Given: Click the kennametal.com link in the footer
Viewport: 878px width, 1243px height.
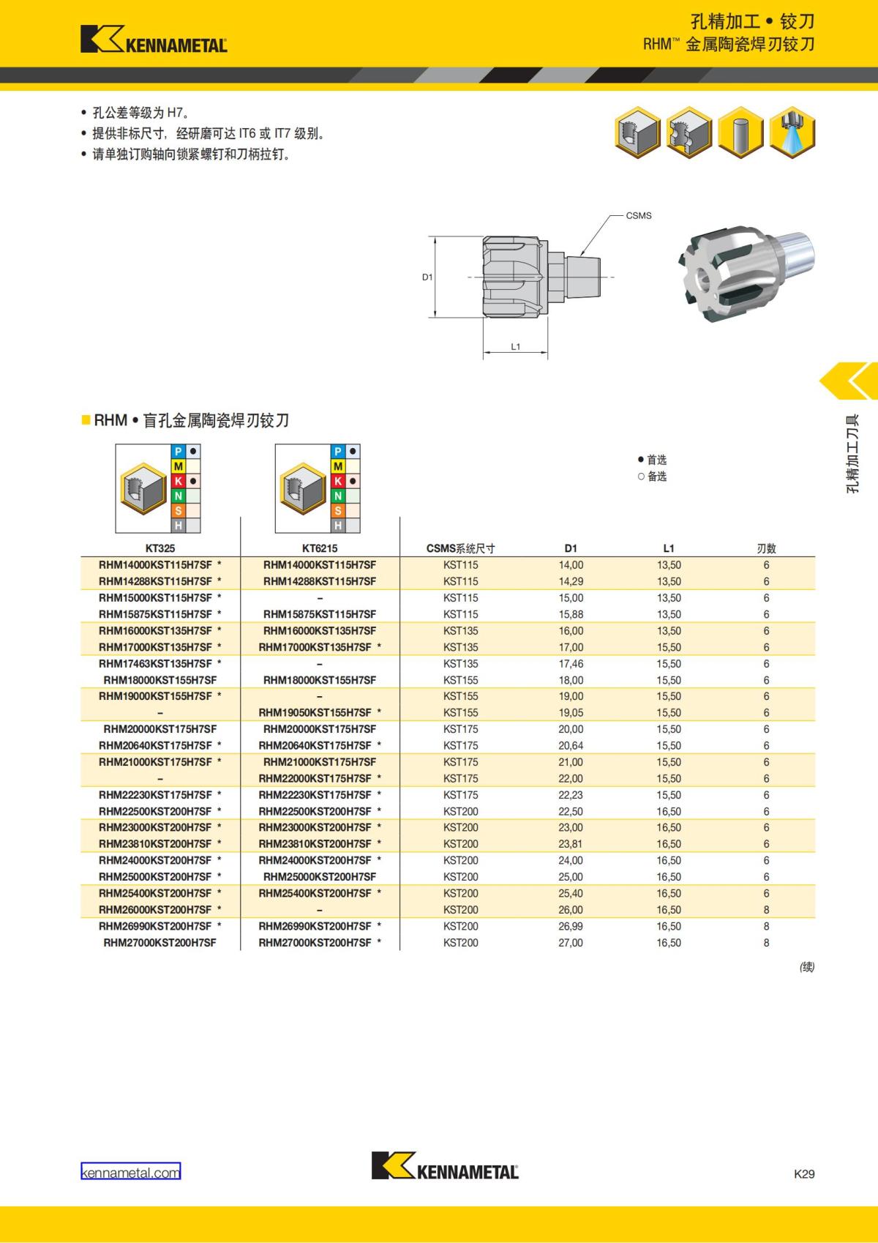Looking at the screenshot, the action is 131,1173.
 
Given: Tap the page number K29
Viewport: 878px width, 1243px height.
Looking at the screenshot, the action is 804,1173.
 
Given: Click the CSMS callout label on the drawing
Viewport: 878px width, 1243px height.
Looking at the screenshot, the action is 639,215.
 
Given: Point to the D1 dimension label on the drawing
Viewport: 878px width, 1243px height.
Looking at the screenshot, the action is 427,277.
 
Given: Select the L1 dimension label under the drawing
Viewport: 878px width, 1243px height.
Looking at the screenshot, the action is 516,347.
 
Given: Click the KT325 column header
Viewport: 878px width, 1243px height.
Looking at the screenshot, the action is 160,548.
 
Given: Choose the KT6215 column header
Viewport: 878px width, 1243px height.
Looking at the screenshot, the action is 320,548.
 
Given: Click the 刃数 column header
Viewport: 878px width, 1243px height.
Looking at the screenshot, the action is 767,548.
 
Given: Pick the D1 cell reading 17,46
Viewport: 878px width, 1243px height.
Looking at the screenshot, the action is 571,664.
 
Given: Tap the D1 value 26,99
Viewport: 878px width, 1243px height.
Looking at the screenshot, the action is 571,926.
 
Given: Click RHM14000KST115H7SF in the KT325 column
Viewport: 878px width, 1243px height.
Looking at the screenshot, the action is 155,565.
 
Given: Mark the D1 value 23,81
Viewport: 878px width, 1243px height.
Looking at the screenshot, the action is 571,844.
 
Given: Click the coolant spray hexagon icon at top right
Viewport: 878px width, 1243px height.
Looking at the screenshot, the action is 792,132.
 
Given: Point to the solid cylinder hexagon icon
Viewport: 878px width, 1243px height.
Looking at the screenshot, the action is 740,132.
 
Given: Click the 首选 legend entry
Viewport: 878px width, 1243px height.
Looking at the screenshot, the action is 652,460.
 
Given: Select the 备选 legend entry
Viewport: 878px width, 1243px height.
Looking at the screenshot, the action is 652,476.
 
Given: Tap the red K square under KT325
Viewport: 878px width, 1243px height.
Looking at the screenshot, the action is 178,481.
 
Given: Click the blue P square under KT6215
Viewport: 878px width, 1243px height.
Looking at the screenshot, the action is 338,452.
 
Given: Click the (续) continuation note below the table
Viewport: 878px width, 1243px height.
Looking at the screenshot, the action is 807,966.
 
